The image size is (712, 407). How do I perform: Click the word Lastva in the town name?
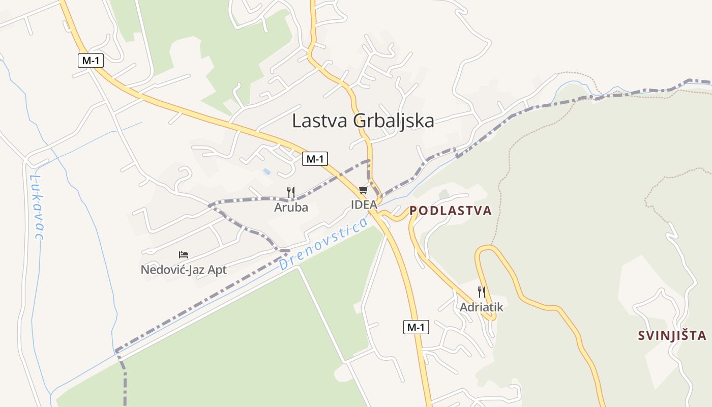[x=318, y=121]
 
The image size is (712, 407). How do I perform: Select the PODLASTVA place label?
[x=451, y=211]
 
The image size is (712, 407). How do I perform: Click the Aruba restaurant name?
[x=291, y=208]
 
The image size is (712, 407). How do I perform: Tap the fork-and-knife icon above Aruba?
[x=291, y=192]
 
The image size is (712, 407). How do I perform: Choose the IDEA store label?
[x=364, y=205]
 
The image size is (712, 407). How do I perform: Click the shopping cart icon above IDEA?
[x=363, y=190]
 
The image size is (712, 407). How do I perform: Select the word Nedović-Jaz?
[x=172, y=270]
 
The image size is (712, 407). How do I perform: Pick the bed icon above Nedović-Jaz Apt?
[x=184, y=255]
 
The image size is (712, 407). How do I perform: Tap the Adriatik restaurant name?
[x=481, y=307]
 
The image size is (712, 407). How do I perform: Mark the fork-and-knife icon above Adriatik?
[x=481, y=292]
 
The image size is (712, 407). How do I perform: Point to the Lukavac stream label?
[x=36, y=207]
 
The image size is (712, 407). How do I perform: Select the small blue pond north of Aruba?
[x=267, y=172]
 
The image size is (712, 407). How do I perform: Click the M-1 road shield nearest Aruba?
[x=315, y=159]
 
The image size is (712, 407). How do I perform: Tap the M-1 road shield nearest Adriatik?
[x=416, y=327]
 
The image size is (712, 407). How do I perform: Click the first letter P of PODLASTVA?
[x=413, y=211]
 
